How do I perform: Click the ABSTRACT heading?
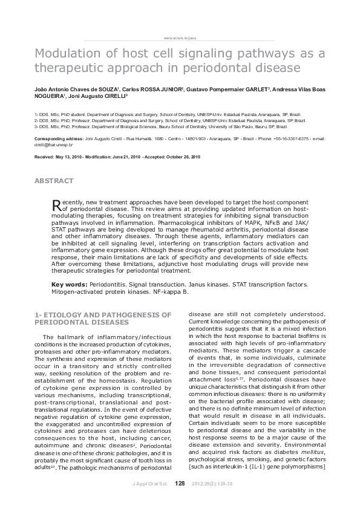tap(54, 181)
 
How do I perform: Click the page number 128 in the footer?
tap(180, 483)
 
